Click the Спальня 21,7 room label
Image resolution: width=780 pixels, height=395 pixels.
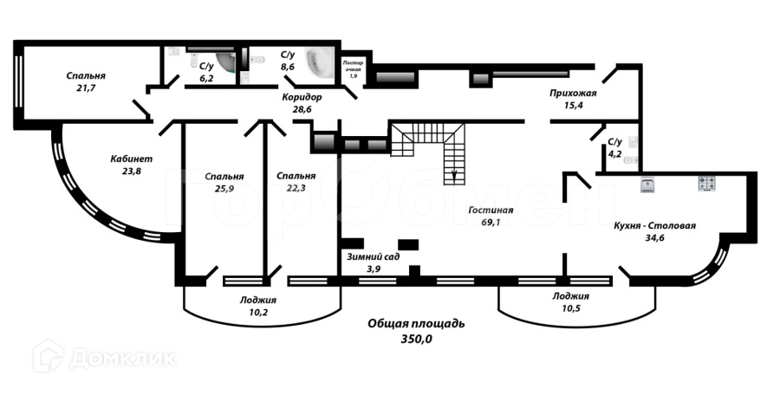85,81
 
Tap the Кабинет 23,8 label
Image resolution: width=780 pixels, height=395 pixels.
131,165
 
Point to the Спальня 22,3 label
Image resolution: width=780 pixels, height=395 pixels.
296,182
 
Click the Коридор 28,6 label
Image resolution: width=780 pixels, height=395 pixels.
302,104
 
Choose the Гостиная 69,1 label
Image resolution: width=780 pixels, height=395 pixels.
491,216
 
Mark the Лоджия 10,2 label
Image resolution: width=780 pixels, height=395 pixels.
259,307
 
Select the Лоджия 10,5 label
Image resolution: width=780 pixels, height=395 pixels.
571,301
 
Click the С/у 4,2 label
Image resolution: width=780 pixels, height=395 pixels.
614,148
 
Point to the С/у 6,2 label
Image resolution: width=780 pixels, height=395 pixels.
207,71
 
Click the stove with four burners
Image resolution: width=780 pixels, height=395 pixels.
707,184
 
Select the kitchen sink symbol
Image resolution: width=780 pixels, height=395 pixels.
647,185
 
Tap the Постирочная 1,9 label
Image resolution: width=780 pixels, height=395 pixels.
353,68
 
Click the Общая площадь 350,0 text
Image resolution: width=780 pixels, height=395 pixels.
416,331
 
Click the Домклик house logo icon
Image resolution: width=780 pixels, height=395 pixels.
48,355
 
